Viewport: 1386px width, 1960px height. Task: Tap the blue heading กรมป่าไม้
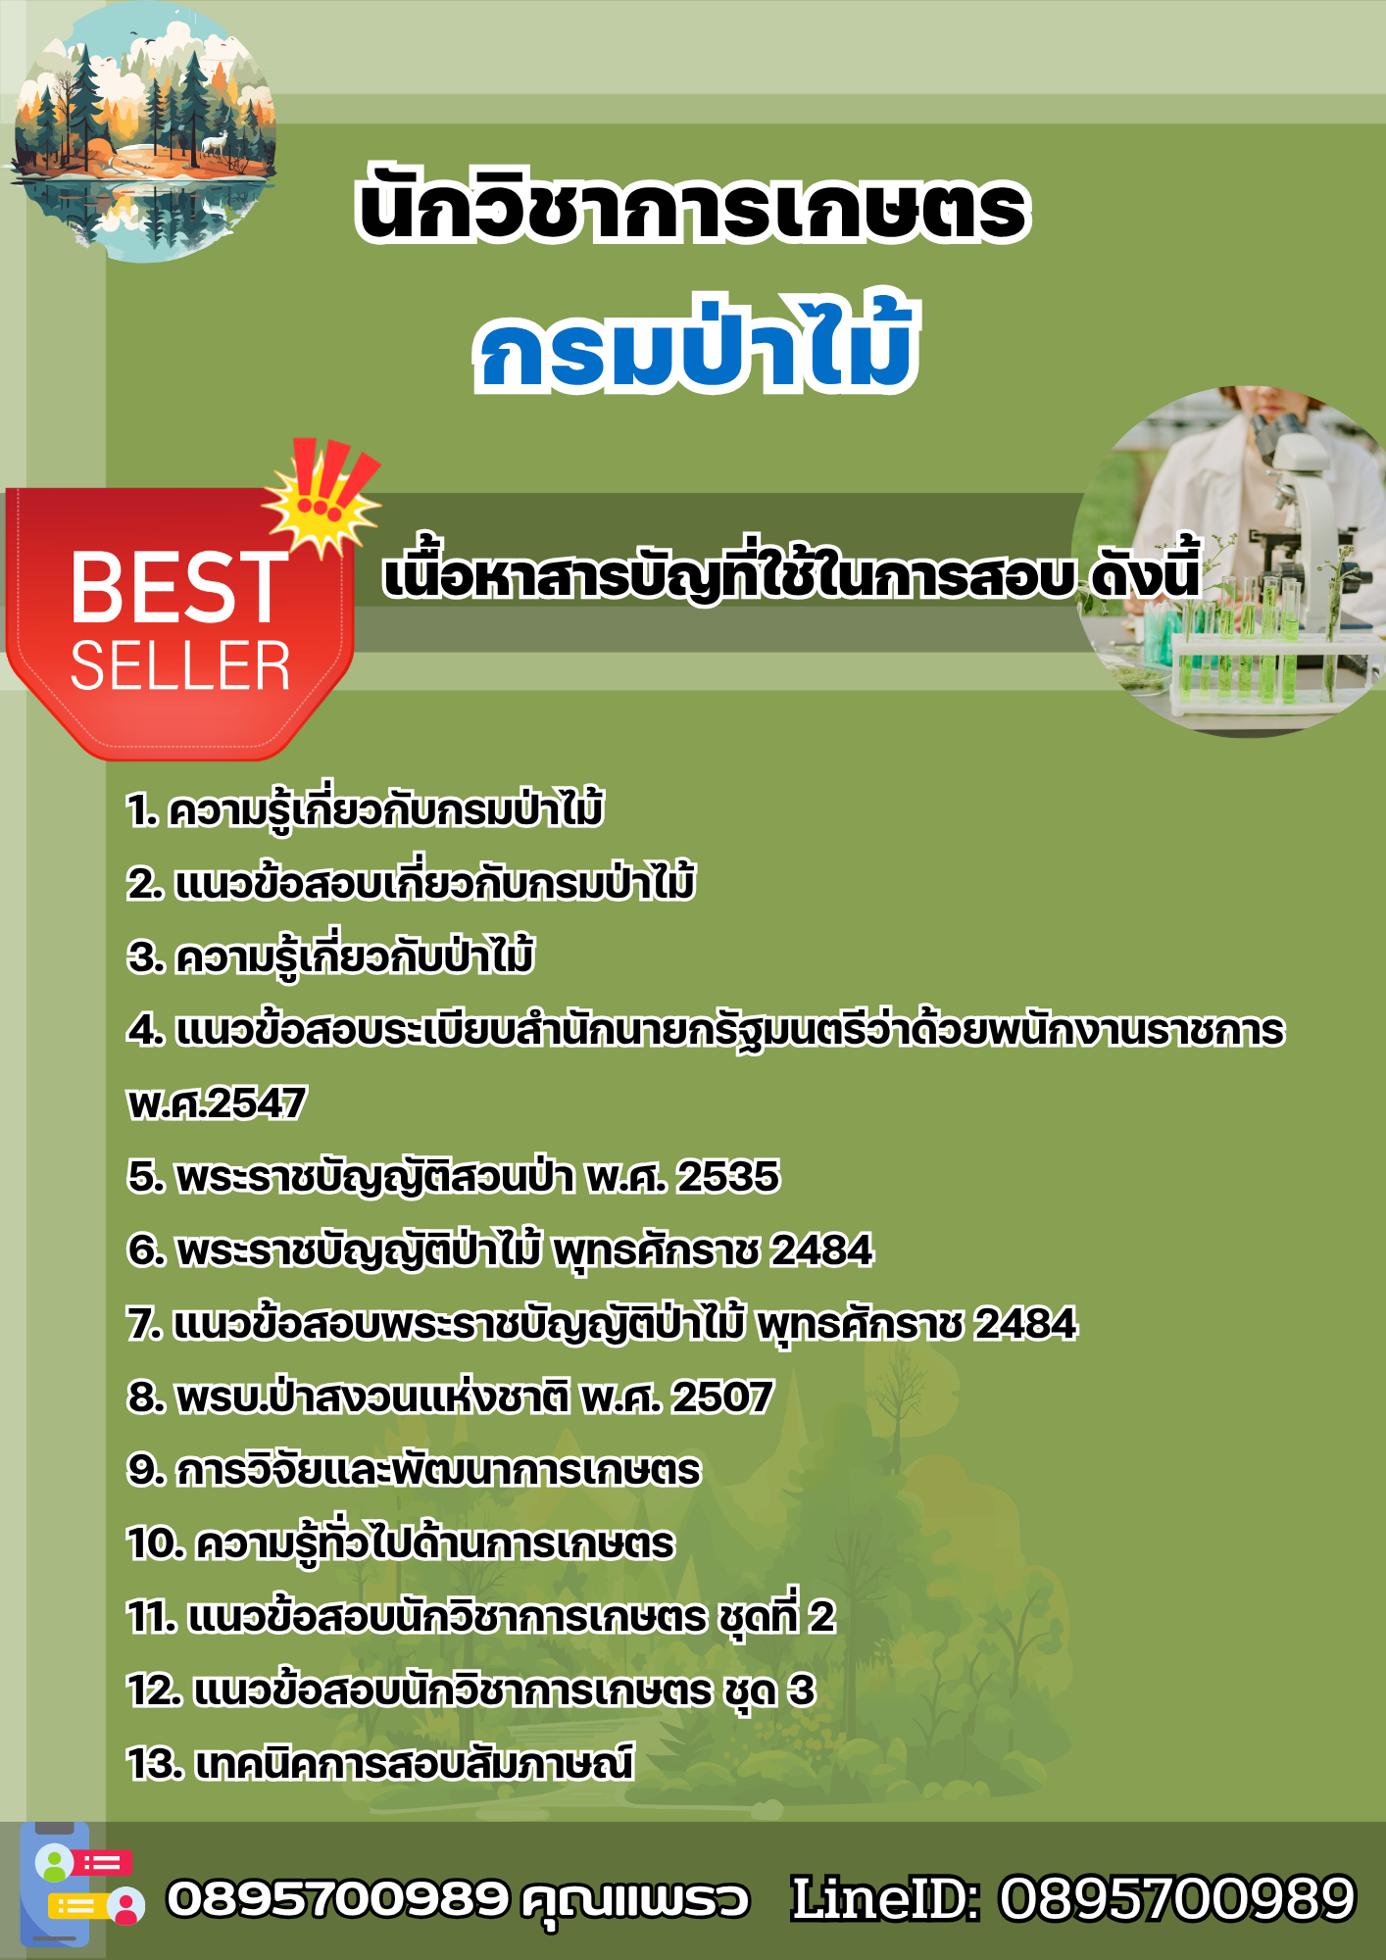pyautogui.click(x=696, y=343)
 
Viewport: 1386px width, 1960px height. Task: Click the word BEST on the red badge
pyautogui.click(x=179, y=587)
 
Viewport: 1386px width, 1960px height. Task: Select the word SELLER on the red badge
pyautogui.click(x=180, y=667)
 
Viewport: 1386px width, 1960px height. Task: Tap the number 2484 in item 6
pyautogui.click(x=821, y=1249)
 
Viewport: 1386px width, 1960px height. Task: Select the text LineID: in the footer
pyautogui.click(x=885, y=1898)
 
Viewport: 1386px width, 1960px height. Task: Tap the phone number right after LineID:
pyautogui.click(x=1176, y=1898)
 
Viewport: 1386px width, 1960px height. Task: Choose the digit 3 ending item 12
pyautogui.click(x=802, y=1690)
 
